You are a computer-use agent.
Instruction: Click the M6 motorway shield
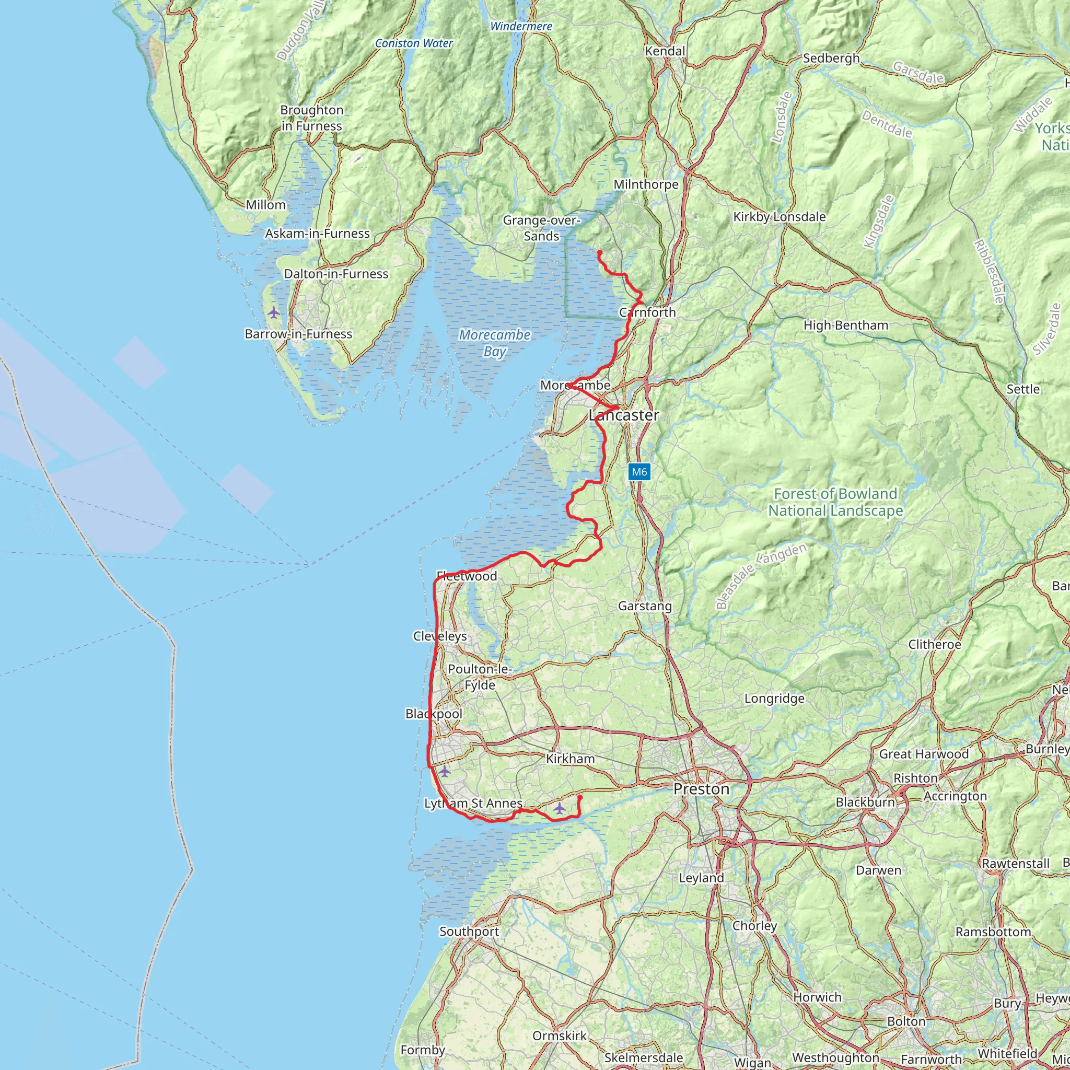[639, 472]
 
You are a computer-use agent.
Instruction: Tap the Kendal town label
[665, 52]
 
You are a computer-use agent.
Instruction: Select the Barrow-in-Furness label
[298, 334]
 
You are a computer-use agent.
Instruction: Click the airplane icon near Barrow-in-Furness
[274, 313]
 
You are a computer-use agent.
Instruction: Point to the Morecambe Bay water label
[495, 343]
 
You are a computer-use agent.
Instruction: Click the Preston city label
[702, 789]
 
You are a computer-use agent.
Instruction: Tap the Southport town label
[469, 932]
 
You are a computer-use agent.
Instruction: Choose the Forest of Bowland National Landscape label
[835, 502]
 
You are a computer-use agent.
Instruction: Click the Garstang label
[645, 606]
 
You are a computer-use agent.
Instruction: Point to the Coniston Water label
[414, 43]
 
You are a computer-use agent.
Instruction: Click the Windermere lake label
[521, 27]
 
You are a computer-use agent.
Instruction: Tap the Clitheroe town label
[934, 645]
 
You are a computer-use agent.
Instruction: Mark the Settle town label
[1023, 389]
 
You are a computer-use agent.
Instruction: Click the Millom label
[266, 205]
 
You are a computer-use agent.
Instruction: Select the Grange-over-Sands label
[541, 228]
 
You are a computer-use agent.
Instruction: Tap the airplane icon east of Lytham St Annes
[560, 809]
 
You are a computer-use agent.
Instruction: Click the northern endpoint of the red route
[599, 252]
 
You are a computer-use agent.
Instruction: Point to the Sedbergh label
[831, 58]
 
